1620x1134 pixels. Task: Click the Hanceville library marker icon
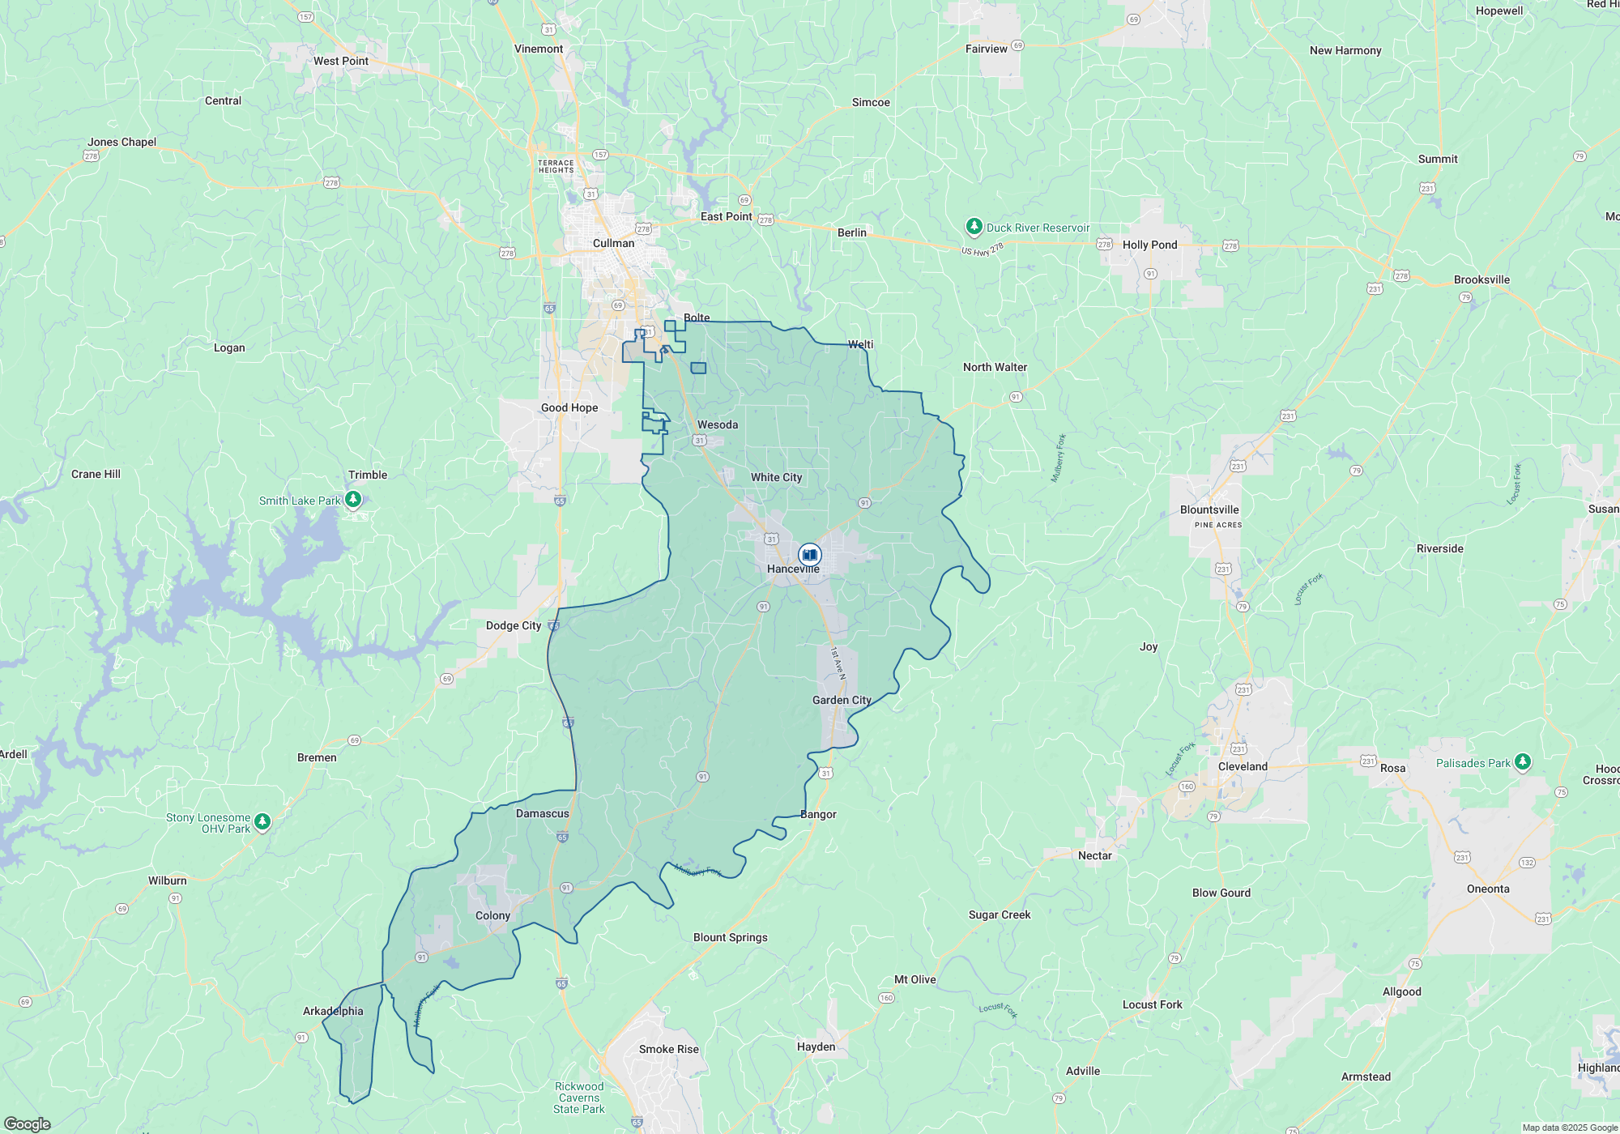[x=809, y=555]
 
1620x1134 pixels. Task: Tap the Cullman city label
[x=613, y=243]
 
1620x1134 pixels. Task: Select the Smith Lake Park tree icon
[x=353, y=500]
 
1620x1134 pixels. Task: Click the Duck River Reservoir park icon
[x=974, y=227]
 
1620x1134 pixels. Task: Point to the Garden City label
[x=842, y=700]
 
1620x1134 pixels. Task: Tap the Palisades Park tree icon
[x=1523, y=762]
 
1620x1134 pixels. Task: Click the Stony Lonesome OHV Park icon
[x=262, y=822]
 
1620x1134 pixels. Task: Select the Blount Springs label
[x=730, y=937]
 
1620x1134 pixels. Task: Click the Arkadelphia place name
[x=333, y=1011]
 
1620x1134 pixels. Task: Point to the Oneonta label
[x=1488, y=889]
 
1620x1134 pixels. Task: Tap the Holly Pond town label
[x=1149, y=245]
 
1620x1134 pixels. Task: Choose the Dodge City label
[x=514, y=625]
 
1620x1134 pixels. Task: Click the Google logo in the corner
[x=27, y=1124]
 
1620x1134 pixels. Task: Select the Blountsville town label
[x=1209, y=509]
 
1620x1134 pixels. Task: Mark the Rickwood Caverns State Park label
[x=579, y=1098]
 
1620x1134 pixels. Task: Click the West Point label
[x=340, y=61]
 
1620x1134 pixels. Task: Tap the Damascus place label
[x=543, y=813]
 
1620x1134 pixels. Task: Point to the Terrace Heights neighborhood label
[x=556, y=166]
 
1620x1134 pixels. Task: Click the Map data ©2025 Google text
[x=1569, y=1128]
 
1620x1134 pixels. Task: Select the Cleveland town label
[x=1243, y=766]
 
